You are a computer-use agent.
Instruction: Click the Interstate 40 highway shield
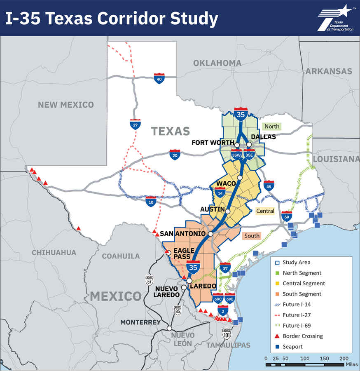160,78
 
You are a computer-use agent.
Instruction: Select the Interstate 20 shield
175,155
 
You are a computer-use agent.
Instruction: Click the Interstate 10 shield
151,201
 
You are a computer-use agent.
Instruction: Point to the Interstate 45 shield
269,186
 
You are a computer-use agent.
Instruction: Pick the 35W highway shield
236,155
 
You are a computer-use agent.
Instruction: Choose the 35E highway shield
249,155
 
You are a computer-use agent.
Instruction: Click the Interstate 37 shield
225,268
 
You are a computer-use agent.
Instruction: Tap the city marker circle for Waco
240,178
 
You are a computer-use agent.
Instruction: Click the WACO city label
226,183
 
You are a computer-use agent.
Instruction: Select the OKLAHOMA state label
217,63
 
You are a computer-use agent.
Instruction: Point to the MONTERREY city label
140,322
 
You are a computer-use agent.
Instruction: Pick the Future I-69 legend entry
297,326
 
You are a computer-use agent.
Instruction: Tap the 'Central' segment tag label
265,211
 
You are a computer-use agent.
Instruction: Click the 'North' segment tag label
271,127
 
